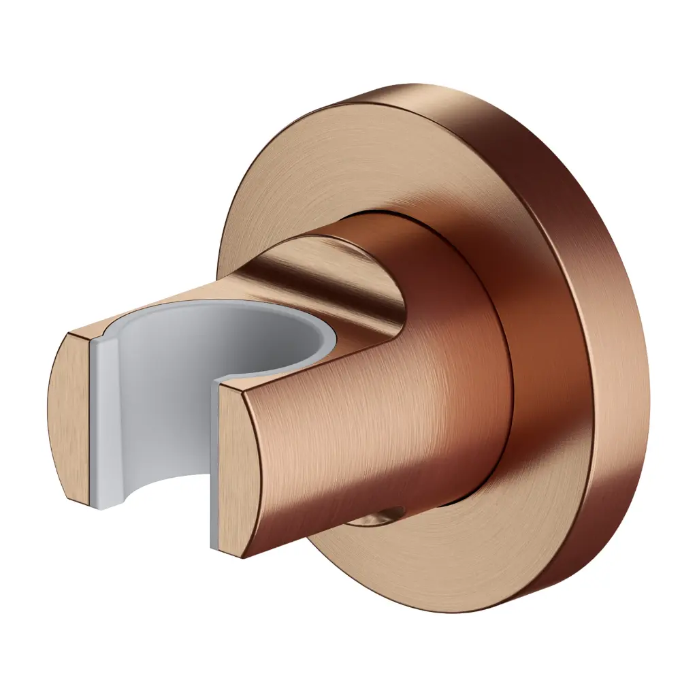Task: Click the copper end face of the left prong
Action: [68, 415]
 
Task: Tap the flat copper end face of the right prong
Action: [238, 470]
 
